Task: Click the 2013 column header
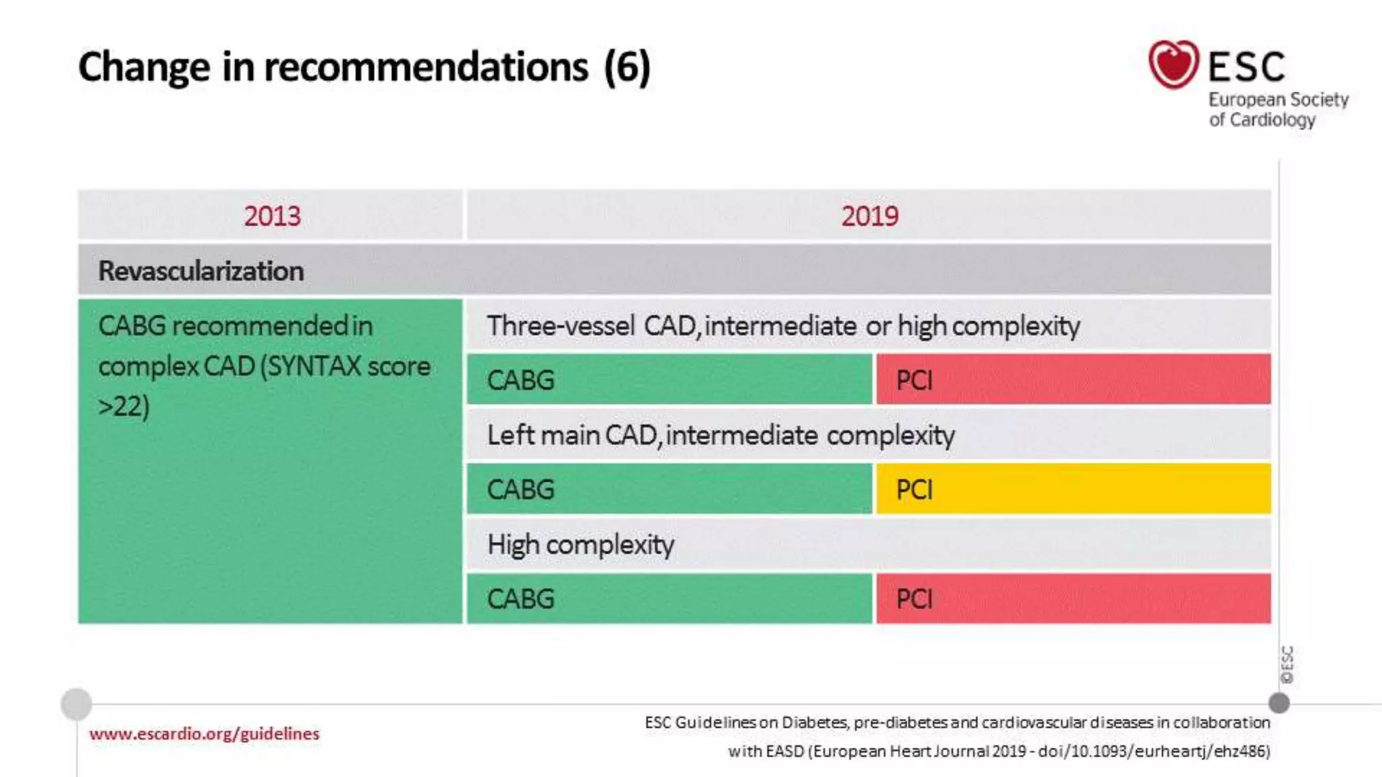coord(271,217)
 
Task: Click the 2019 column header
coord(869,217)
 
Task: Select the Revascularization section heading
coord(201,271)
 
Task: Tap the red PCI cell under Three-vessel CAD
coord(1073,380)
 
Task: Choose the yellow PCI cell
coord(1073,489)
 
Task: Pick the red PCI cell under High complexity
coord(1073,598)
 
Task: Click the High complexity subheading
coord(580,545)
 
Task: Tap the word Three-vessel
coord(561,326)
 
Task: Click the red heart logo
coord(1173,64)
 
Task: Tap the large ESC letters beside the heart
coord(1246,67)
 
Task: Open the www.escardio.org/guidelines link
coord(204,734)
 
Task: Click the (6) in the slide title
coord(627,67)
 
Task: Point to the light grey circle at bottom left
coord(76,704)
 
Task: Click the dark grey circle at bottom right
coord(1279,703)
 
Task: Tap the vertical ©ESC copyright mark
coord(1287,664)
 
